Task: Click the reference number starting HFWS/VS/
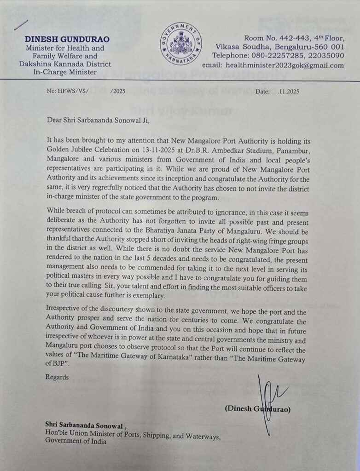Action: [75, 92]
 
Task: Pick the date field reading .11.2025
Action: [289, 92]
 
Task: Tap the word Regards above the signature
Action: [57, 377]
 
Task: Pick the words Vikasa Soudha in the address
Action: [238, 47]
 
